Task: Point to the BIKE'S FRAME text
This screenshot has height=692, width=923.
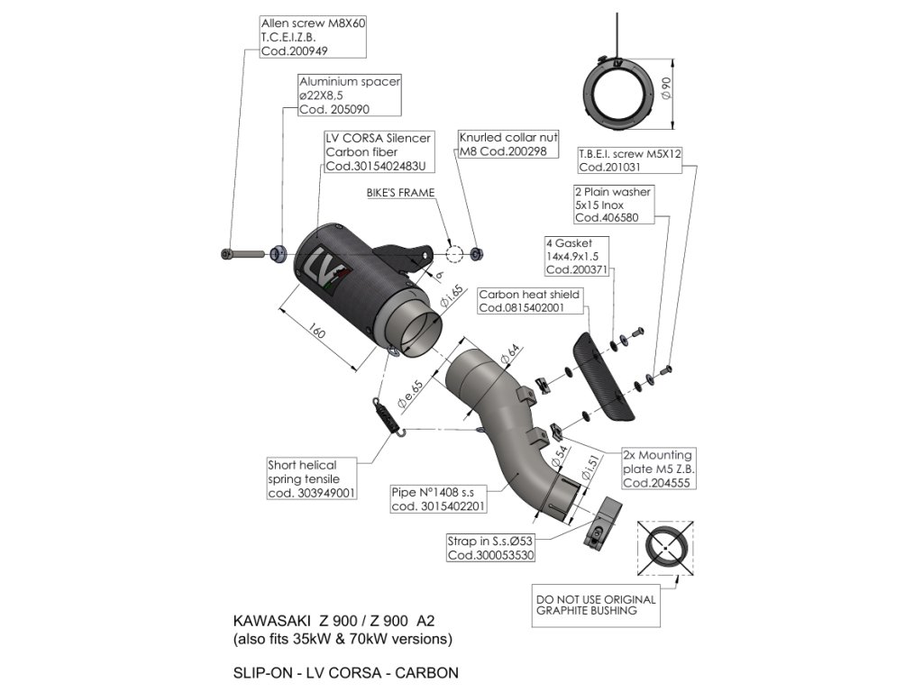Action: click(400, 193)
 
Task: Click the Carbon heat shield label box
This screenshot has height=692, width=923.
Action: click(529, 301)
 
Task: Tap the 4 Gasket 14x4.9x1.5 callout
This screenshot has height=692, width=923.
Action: click(577, 256)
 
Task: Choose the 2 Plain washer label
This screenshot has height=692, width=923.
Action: click(613, 205)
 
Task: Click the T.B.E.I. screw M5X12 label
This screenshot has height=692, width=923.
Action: click(629, 160)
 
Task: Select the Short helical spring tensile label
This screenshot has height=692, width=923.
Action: click(311, 479)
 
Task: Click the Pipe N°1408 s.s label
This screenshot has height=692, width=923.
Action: click(437, 500)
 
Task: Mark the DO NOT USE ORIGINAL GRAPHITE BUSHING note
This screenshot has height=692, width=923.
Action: click(596, 605)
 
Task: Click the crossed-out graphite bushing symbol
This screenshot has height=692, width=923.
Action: click(666, 547)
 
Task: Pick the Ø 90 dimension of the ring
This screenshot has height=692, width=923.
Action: click(667, 88)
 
